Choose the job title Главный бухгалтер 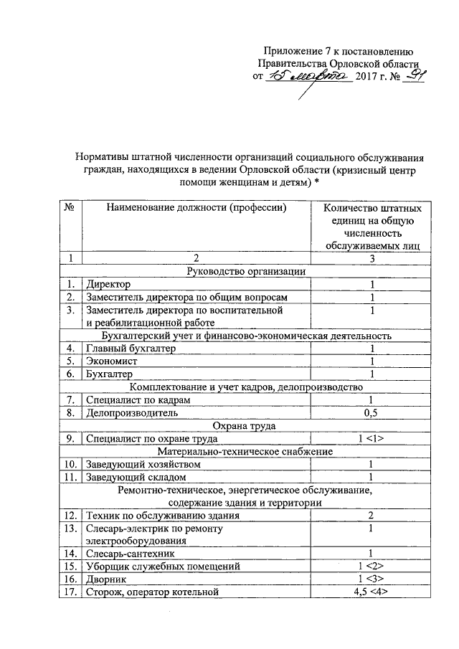click(131, 349)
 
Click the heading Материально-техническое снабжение click(245, 451)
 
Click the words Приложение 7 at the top click(294, 49)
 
